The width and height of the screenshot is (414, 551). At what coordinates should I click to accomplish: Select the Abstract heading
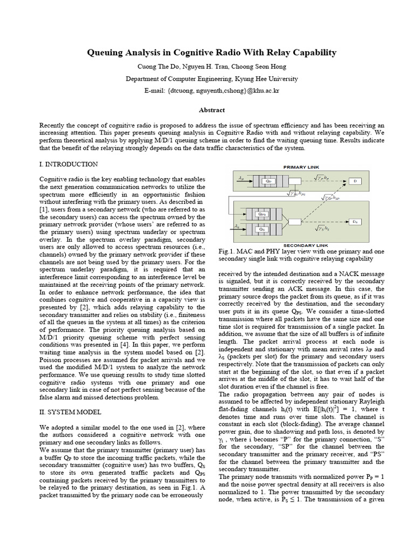tap(212, 110)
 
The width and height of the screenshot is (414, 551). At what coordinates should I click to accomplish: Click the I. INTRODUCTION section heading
tap(69, 164)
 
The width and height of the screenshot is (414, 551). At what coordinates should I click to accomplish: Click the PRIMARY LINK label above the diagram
tap(302, 167)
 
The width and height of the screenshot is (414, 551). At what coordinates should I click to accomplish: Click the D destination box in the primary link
tap(355, 181)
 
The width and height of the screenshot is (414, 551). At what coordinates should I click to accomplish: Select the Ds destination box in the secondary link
tap(355, 221)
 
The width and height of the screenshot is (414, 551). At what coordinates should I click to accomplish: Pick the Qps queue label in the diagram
tap(263, 214)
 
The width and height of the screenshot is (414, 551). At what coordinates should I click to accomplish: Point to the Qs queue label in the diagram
tap(263, 229)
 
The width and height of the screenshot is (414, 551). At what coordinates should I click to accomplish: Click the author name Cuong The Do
tap(158, 67)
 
